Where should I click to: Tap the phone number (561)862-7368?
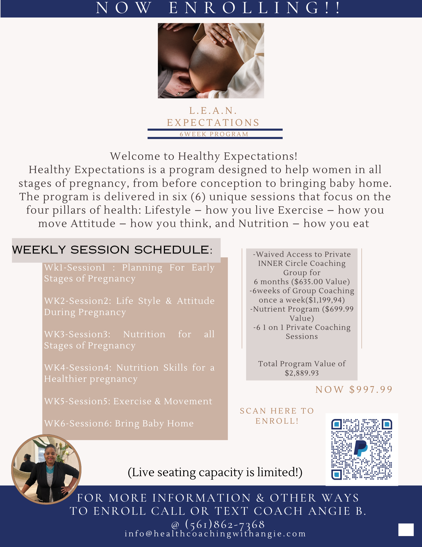pos(225,524)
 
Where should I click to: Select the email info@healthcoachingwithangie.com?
pos(215,534)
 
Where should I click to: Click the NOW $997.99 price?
pos(354,389)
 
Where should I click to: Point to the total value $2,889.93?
pos(302,373)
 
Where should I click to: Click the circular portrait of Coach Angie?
pos(46,469)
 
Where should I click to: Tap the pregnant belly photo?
pos(211,61)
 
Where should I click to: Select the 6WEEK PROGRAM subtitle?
pos(214,134)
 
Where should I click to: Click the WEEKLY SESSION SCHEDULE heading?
pos(112,250)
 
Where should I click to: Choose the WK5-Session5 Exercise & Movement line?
pos(128,401)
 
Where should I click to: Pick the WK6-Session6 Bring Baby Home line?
pos(119,423)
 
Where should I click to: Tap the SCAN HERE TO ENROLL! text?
pos(277,416)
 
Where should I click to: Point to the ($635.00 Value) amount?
pos(320,282)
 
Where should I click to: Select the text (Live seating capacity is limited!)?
pos(215,472)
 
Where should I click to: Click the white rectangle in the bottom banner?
pos(406,530)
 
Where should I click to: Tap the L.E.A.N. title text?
pos(213,110)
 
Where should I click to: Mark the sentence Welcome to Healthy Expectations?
pos(203,156)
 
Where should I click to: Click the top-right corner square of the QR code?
pos(387,424)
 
